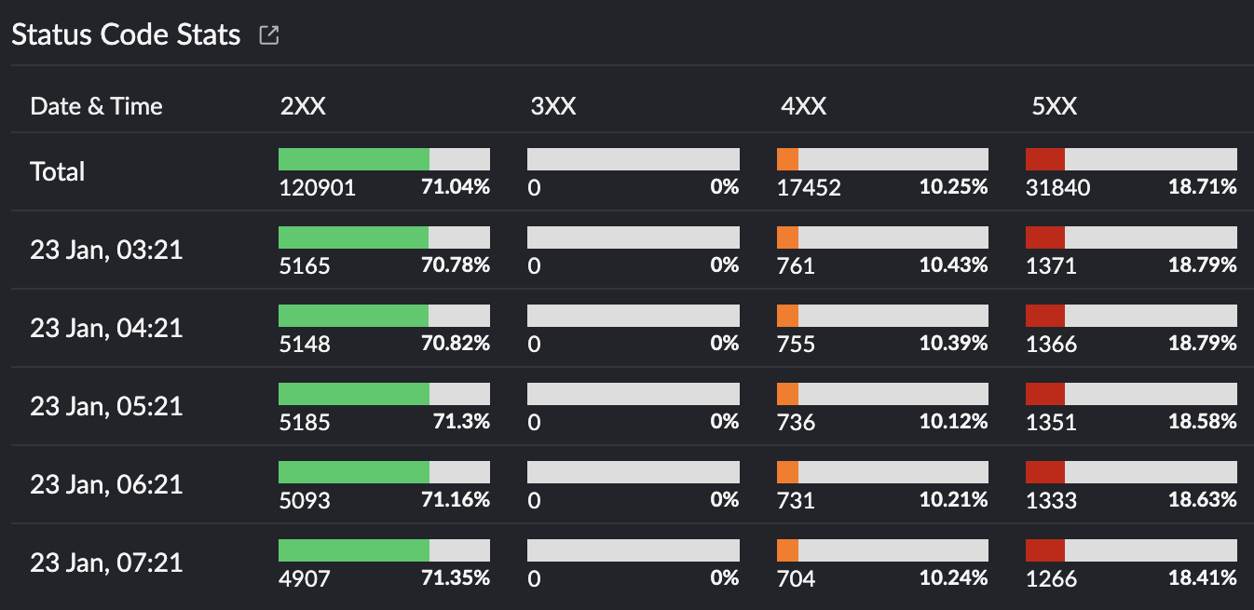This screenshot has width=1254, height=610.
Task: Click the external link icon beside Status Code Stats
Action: (x=269, y=35)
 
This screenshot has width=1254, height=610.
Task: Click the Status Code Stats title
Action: (x=126, y=35)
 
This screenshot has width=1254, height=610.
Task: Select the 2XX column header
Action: (x=303, y=106)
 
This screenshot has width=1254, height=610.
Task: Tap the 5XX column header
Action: (x=1055, y=106)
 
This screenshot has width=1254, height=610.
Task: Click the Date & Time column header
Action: (x=96, y=106)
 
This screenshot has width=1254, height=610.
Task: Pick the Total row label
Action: (x=58, y=172)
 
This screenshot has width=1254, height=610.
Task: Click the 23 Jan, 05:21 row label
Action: (x=106, y=407)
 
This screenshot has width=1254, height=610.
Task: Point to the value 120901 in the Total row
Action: (x=318, y=188)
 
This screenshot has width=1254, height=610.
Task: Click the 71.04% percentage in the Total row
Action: (x=456, y=187)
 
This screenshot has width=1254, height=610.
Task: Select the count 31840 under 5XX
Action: (x=1058, y=188)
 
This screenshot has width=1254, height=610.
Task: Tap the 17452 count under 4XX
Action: (x=810, y=188)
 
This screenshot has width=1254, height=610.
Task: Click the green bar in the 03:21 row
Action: (x=353, y=237)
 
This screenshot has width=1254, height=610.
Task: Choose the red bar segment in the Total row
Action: (x=1045, y=159)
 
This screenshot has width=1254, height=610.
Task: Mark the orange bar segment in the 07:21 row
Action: (x=788, y=550)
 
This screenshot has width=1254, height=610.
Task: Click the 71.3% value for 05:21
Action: (x=461, y=422)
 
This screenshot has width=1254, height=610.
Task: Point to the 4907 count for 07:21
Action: (x=305, y=579)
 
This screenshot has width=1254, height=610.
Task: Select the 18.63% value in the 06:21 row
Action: (x=1203, y=500)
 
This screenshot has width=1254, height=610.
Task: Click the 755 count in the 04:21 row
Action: (x=797, y=345)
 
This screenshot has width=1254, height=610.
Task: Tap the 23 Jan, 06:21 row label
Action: (x=106, y=485)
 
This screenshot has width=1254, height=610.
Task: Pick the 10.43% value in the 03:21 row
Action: (x=953, y=265)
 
